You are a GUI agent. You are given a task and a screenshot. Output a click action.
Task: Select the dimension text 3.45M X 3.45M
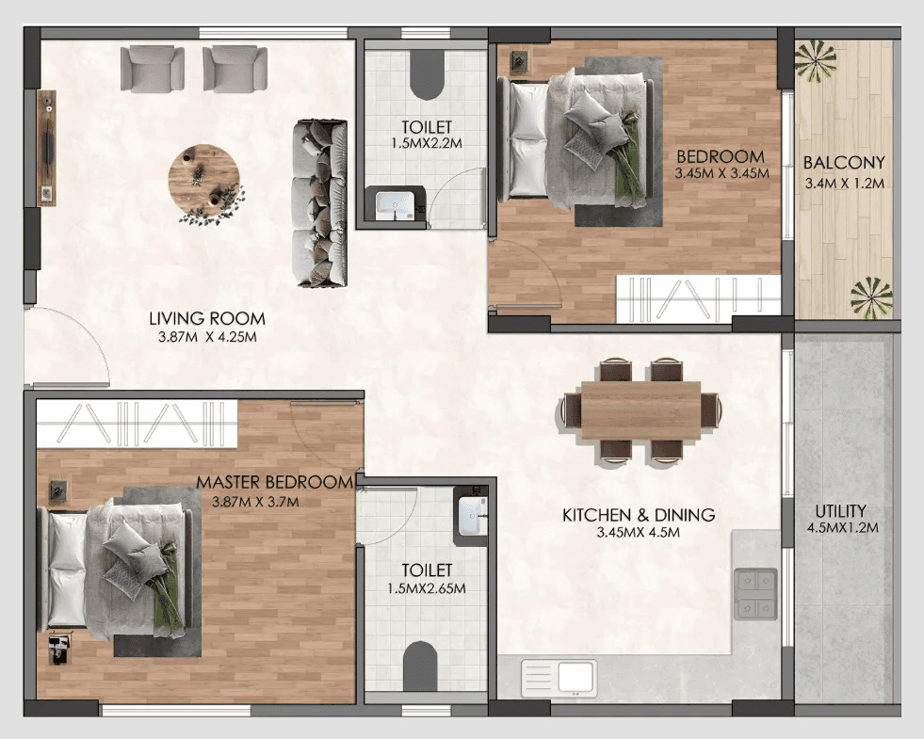(722, 173)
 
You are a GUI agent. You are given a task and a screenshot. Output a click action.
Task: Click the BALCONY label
(843, 162)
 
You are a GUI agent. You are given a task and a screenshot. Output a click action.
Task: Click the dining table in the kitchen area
(640, 410)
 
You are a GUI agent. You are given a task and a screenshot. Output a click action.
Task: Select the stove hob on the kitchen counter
(755, 594)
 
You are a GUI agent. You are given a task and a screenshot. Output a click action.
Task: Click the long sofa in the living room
(320, 202)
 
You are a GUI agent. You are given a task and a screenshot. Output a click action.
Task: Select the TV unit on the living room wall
(45, 146)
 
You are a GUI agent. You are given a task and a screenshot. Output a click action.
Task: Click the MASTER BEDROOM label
(274, 482)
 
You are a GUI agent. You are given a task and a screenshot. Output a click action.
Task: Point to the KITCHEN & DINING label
(639, 515)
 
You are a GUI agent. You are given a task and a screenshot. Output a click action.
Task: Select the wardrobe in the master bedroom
(137, 423)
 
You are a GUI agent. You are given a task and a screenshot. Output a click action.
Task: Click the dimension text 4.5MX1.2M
(842, 527)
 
